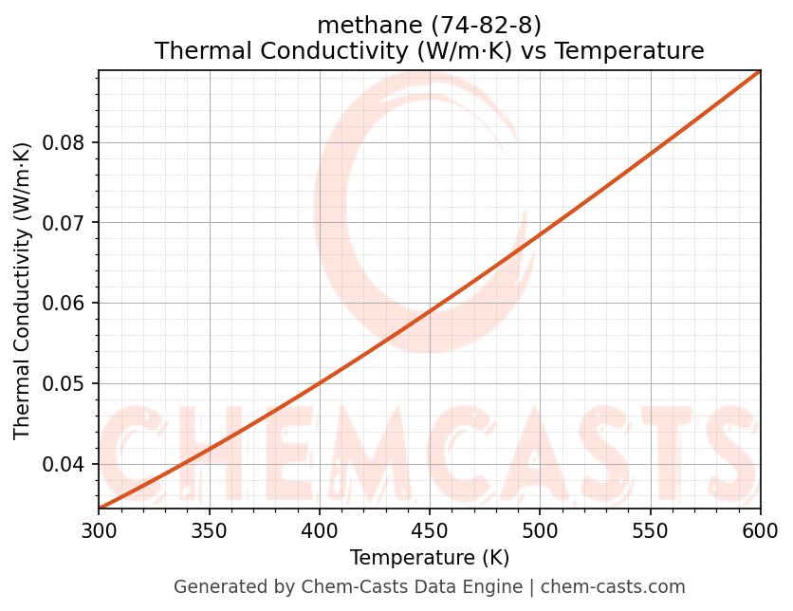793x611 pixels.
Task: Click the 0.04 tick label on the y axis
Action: pos(64,464)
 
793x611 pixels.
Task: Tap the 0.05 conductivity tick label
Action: pos(64,383)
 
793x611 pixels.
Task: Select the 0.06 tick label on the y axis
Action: pos(64,304)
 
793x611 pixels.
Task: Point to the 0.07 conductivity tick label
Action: pos(64,223)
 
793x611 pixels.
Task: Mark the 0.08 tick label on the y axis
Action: pos(64,142)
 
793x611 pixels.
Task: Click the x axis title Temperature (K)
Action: pos(429,557)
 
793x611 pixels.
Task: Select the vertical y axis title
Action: pos(23,289)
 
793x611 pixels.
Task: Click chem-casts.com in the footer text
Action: pos(613,587)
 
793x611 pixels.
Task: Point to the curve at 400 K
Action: pos(320,382)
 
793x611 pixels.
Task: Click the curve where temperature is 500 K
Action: pos(540,234)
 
